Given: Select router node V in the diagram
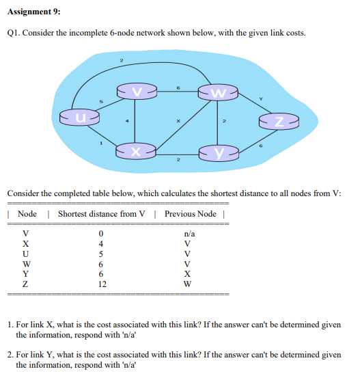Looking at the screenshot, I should (x=137, y=91).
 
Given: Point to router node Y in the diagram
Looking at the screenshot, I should (x=218, y=150).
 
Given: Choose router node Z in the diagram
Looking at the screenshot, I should (x=279, y=122).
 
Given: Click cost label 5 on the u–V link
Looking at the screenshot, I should (x=102, y=102).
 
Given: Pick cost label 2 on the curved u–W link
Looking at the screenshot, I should (x=121, y=62).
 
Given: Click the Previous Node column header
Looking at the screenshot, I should (x=190, y=214).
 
